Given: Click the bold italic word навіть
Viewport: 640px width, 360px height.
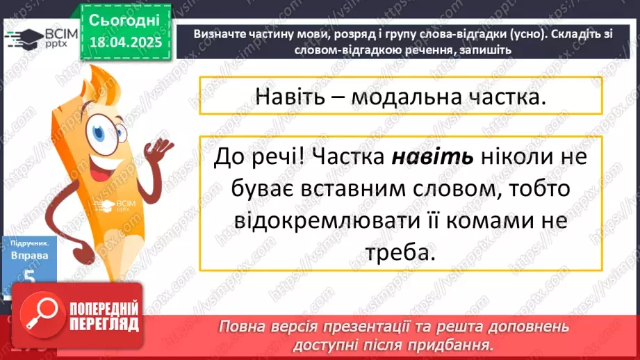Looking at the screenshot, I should click(433, 157).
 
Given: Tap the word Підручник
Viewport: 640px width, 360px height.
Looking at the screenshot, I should click(30, 244).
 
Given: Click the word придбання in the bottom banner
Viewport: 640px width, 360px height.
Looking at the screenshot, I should click(461, 345).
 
